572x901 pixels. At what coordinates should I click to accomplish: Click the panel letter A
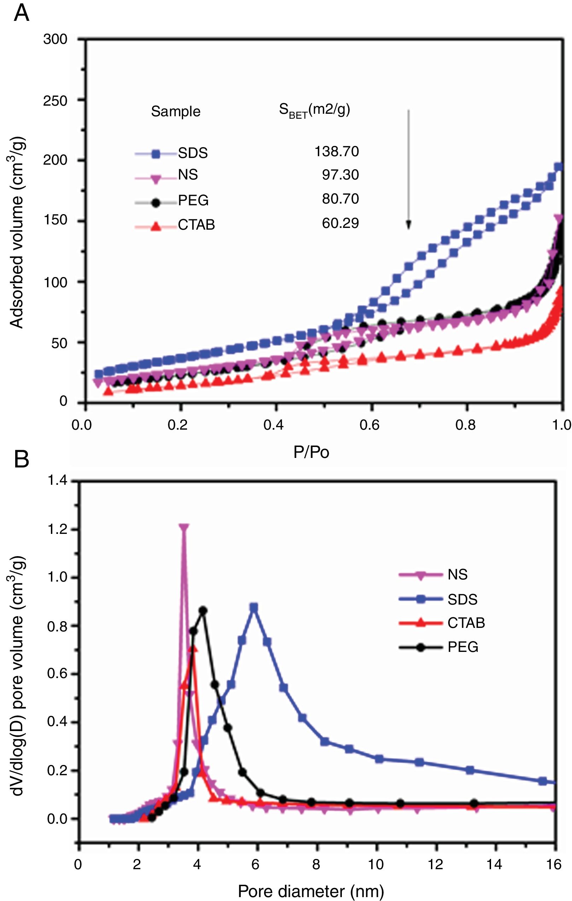click(21, 14)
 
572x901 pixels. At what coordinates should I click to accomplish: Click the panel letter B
click(21, 459)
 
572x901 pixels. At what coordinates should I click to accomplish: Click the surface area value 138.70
click(337, 152)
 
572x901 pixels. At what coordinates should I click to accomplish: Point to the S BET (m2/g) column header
click(314, 110)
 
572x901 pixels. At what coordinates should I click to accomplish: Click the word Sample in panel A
click(176, 112)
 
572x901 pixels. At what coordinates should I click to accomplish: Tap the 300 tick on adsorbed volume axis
click(55, 39)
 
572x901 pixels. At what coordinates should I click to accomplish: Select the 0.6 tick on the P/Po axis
click(369, 425)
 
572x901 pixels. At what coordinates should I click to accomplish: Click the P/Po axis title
click(311, 452)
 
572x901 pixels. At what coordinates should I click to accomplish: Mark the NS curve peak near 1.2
click(183, 528)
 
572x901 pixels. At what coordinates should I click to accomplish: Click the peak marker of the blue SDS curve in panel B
click(254, 607)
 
